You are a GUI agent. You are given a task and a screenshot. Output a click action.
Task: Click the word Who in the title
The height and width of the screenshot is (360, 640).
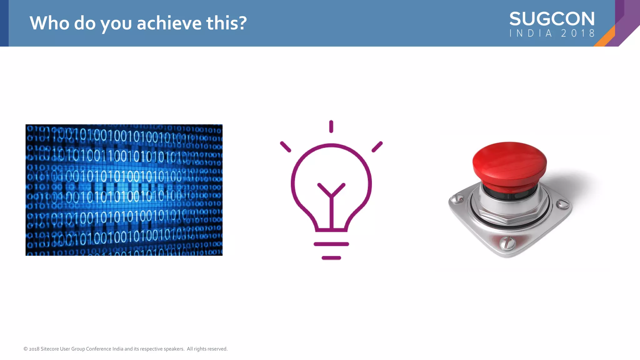point(49,23)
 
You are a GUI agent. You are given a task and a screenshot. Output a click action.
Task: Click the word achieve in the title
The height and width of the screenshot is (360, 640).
point(169,23)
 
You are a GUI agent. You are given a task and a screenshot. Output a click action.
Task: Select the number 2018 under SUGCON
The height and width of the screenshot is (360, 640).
point(578,33)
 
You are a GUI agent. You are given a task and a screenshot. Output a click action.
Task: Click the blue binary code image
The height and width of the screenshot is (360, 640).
point(124,190)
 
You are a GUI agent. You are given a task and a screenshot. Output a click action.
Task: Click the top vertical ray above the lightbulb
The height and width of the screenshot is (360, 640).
point(331,127)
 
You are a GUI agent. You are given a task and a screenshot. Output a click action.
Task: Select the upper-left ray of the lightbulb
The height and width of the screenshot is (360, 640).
point(285,147)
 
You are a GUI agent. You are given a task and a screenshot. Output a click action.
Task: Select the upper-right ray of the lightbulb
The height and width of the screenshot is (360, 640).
point(377,147)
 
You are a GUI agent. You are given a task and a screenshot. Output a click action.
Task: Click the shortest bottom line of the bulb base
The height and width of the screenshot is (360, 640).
point(331,258)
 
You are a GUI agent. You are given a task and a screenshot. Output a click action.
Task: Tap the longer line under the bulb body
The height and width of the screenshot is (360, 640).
point(331,244)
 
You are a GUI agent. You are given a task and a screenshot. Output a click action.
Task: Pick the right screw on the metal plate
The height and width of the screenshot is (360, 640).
point(563,204)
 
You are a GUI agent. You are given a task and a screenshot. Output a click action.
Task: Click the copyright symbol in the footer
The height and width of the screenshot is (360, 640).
point(26,349)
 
